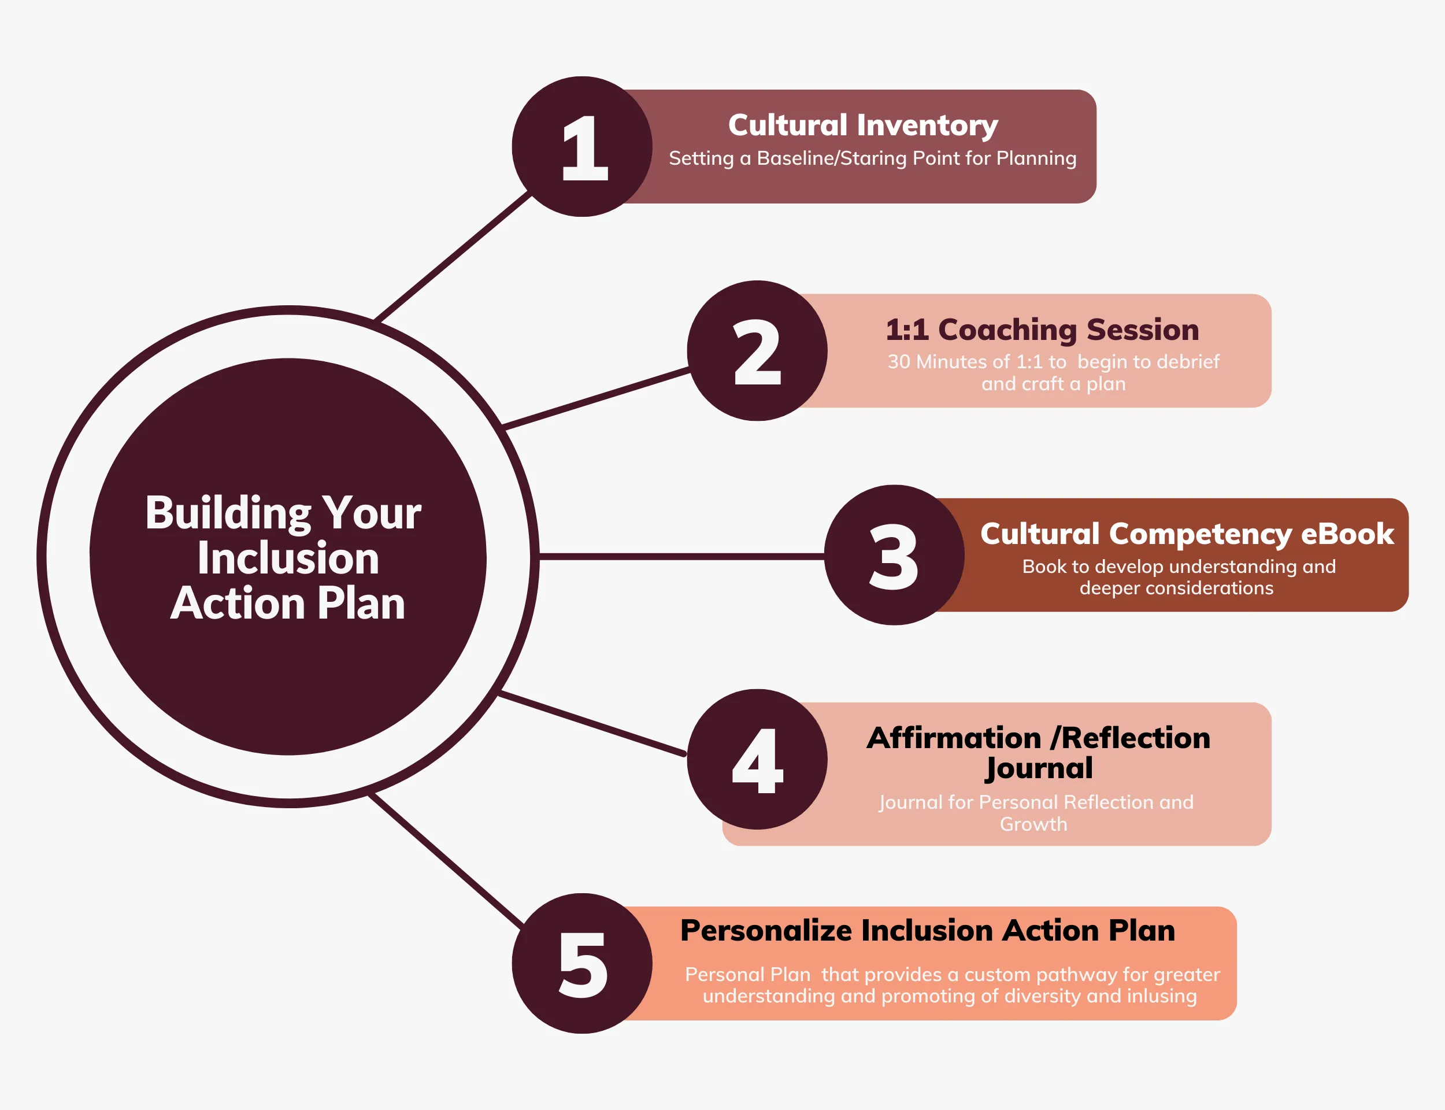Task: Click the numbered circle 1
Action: point(582,146)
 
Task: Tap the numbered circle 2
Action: point(757,350)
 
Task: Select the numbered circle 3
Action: point(894,555)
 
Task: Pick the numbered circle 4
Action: point(757,759)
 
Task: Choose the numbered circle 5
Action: point(582,963)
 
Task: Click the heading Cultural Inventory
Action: point(862,125)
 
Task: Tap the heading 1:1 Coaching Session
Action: point(1042,330)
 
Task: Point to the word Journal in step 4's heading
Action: point(1039,768)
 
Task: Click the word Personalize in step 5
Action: point(766,931)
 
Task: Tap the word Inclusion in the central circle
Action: point(288,558)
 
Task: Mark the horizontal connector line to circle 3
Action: point(681,556)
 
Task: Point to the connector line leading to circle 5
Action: point(446,859)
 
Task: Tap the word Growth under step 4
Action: point(1033,824)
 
